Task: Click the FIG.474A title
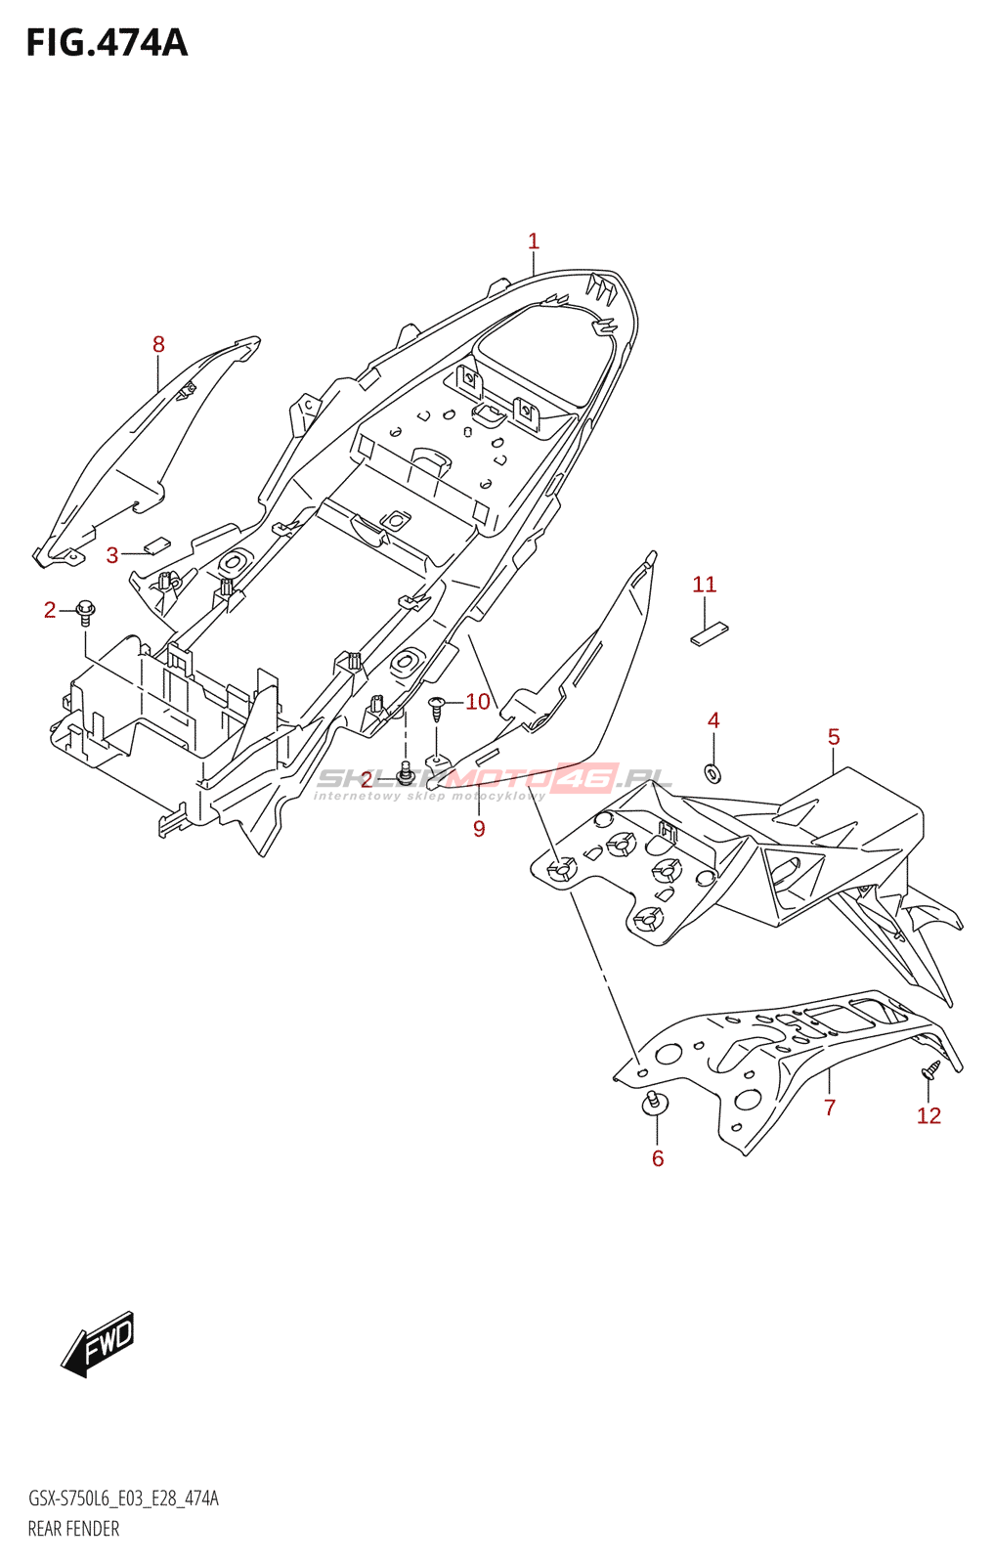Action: click(107, 43)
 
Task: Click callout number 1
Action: click(534, 241)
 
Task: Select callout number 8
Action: click(158, 344)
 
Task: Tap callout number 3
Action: click(112, 556)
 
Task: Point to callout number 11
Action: click(705, 585)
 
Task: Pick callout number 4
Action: click(713, 720)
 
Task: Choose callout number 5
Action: click(834, 737)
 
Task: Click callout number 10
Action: click(478, 701)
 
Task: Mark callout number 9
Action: click(479, 829)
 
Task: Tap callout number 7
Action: click(830, 1108)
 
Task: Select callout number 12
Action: click(928, 1115)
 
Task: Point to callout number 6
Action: click(658, 1158)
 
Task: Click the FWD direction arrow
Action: click(99, 1343)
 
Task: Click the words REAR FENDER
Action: click(73, 1529)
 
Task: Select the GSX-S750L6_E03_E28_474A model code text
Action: click(123, 1499)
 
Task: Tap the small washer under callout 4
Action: click(713, 773)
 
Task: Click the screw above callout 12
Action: click(929, 1070)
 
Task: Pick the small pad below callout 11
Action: click(710, 633)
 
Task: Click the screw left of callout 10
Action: click(438, 707)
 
